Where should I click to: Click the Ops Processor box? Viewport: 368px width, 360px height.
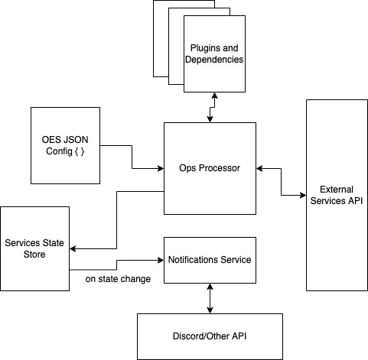pyautogui.click(x=210, y=168)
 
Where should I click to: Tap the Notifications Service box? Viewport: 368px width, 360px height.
pyautogui.click(x=209, y=260)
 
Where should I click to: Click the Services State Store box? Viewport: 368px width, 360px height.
pyautogui.click(x=34, y=248)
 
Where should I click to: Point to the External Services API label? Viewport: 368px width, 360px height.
pyautogui.click(x=337, y=195)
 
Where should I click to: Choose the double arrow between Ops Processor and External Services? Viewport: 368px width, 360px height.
pyautogui.click(x=281, y=180)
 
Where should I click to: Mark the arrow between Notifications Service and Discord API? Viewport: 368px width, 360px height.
pyautogui.click(x=209, y=298)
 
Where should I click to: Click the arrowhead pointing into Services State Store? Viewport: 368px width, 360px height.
pyautogui.click(x=73, y=248)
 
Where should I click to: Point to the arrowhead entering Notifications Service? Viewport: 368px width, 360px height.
pyautogui.click(x=160, y=260)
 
